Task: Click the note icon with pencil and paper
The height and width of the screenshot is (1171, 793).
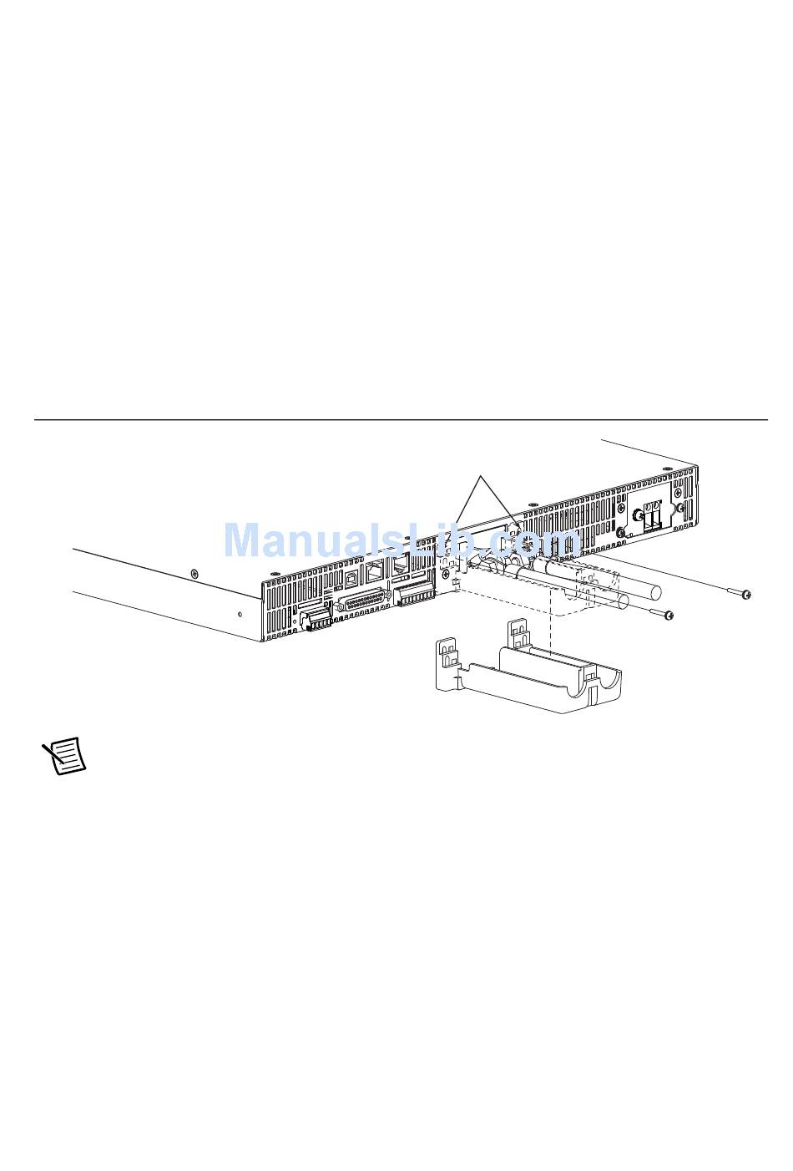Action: [x=63, y=755]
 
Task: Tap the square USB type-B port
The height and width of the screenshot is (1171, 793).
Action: [x=351, y=579]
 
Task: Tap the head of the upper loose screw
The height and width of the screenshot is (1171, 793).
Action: [x=747, y=594]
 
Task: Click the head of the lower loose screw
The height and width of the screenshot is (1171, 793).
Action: [x=669, y=616]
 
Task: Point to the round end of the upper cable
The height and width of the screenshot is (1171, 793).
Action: [x=656, y=593]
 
